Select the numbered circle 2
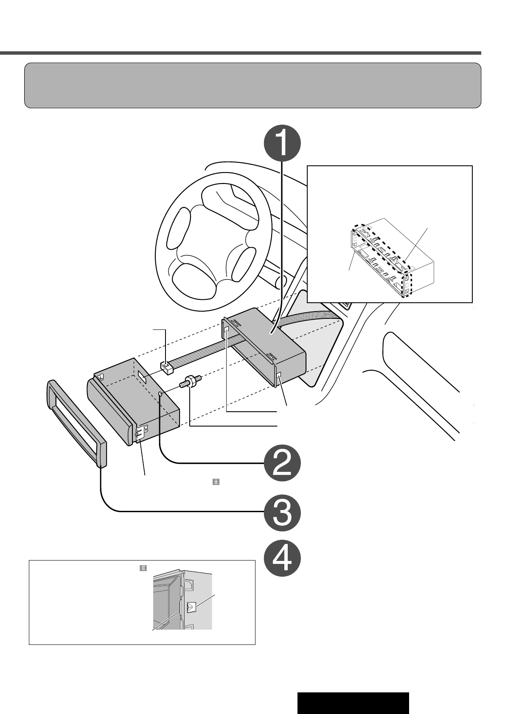point(282,465)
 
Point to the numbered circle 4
point(282,561)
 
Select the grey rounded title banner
point(252,85)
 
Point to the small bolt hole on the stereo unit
point(160,394)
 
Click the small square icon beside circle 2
point(216,482)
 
